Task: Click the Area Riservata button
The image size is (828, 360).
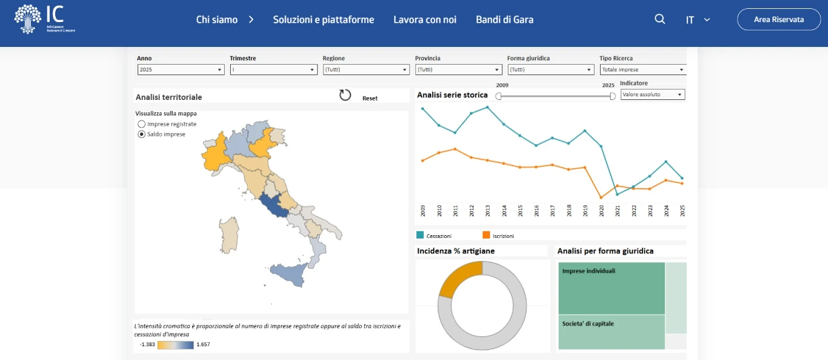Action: click(779, 19)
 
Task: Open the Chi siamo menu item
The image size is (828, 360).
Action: click(217, 20)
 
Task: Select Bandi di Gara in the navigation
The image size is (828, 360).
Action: click(505, 20)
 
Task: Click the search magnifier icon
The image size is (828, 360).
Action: click(660, 19)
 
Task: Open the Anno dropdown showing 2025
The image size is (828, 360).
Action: click(181, 70)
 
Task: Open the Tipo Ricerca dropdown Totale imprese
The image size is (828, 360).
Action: click(643, 70)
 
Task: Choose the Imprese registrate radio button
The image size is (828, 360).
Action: click(142, 124)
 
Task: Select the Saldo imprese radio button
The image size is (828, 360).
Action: click(142, 134)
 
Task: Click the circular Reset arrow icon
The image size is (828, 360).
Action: click(345, 95)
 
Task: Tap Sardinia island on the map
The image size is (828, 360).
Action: click(229, 234)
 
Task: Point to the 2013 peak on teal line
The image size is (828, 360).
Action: click(487, 107)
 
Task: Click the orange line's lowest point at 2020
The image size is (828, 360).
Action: click(601, 198)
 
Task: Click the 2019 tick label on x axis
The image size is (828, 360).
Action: click(585, 210)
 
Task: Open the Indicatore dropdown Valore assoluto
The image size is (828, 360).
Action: click(652, 94)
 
